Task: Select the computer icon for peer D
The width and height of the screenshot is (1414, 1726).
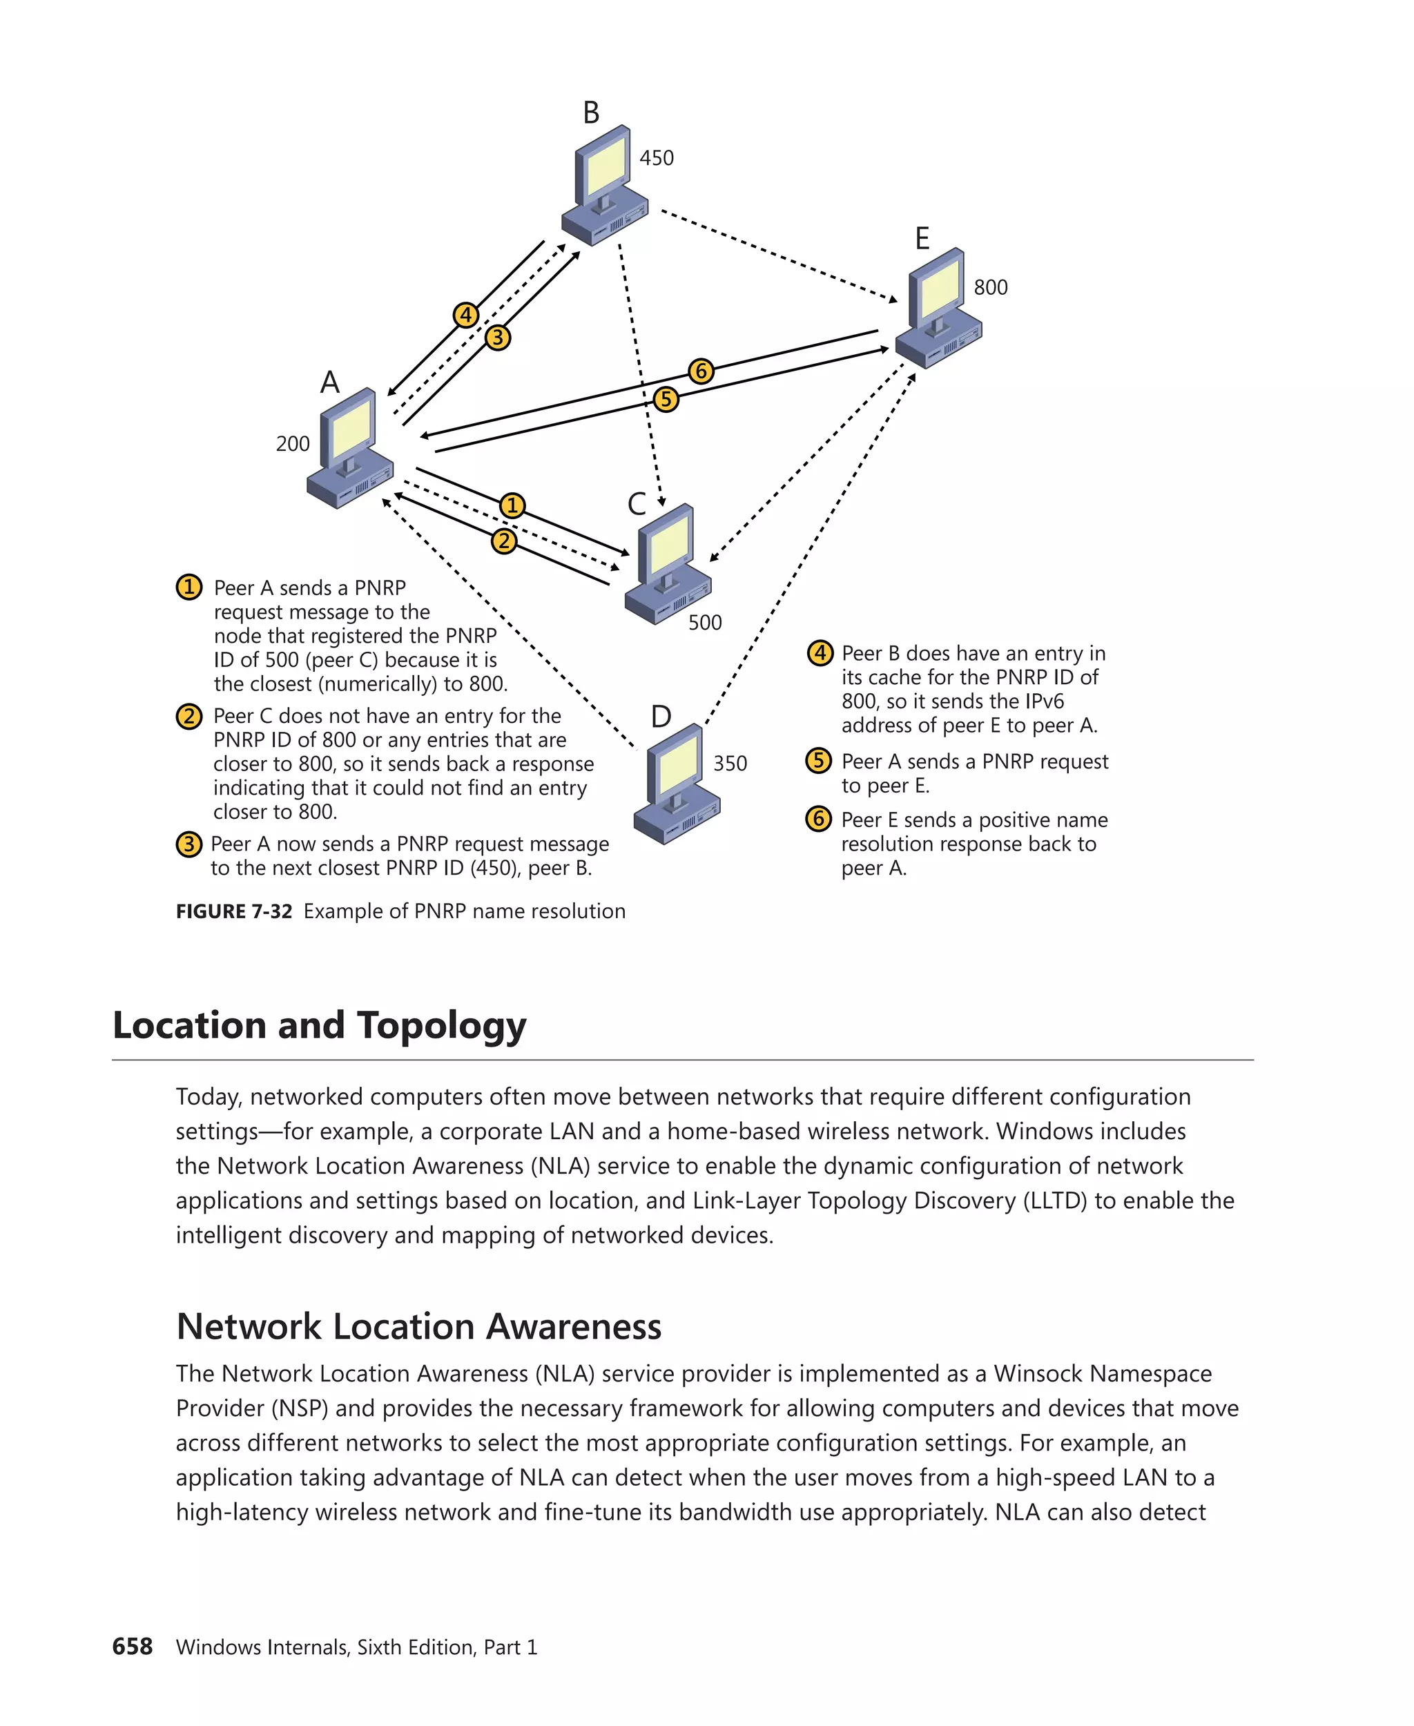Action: pos(676,784)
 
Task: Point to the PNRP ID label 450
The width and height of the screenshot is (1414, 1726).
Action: pos(657,158)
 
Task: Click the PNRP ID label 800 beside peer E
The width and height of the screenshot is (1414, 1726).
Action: pos(991,287)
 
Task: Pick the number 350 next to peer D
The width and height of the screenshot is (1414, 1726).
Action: pos(730,763)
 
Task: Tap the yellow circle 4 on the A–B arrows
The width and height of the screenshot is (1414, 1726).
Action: pos(466,314)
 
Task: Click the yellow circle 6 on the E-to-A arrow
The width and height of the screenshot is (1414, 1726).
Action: pos(701,371)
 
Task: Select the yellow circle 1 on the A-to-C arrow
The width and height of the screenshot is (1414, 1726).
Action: pos(512,505)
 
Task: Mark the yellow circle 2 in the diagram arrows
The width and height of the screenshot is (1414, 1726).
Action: pos(504,541)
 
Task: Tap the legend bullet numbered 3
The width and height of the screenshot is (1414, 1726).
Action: pos(189,844)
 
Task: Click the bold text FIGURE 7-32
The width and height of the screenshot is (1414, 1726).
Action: pos(234,911)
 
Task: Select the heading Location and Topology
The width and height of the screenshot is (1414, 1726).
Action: pos(319,1025)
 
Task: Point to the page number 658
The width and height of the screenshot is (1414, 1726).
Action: pos(132,1646)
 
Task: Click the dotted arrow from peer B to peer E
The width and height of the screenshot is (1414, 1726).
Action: pos(778,255)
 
